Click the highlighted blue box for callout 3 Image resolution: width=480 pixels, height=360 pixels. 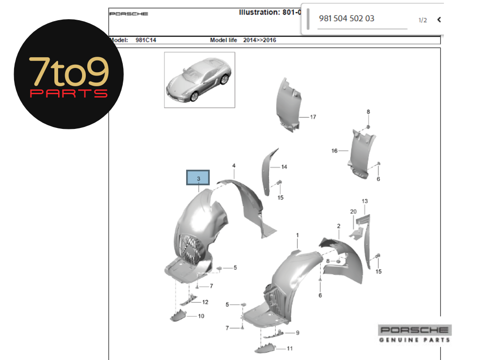(198, 178)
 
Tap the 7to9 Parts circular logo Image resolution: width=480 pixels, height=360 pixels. (68, 74)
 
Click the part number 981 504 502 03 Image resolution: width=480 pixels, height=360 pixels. (346, 19)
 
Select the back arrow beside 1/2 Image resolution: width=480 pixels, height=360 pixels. (439, 20)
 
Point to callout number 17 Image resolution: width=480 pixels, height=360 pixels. (313, 117)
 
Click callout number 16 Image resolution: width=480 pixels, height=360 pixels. (334, 150)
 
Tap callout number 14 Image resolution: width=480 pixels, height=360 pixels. (284, 167)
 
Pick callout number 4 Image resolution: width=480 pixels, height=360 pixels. (234, 165)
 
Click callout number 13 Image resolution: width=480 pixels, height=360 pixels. (365, 201)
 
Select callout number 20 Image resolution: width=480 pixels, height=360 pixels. (353, 211)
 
